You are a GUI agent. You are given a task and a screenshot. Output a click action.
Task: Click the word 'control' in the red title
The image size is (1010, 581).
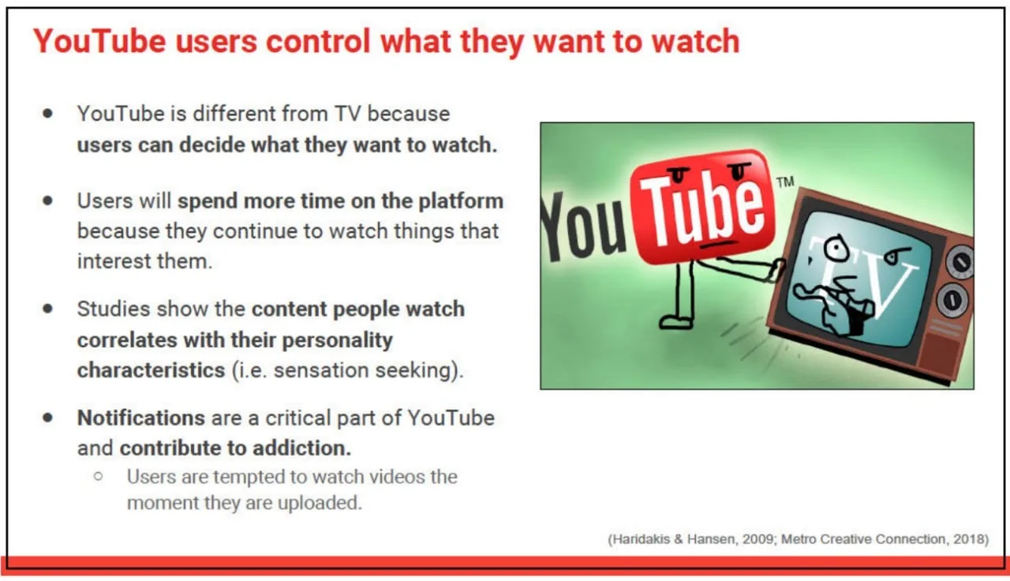[318, 41]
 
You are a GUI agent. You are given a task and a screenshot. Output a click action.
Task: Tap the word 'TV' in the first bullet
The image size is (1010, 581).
[347, 114]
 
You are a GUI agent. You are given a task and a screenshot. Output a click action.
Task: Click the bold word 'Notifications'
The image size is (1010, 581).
[141, 418]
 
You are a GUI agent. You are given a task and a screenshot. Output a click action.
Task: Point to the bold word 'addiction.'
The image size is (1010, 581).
[301, 448]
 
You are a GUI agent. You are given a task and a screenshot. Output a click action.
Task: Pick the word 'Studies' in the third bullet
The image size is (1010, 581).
[114, 309]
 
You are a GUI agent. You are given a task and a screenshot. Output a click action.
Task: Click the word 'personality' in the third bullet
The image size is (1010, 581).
[337, 340]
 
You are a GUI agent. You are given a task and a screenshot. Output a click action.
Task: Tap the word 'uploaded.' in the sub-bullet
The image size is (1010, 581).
[320, 503]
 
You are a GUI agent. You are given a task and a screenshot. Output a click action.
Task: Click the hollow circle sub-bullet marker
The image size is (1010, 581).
[99, 476]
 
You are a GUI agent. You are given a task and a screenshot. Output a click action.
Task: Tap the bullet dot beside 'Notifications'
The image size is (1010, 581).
[48, 418]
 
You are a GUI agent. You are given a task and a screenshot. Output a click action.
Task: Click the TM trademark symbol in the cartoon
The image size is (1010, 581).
[785, 182]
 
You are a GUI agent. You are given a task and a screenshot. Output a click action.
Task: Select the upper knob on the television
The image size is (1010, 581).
[959, 261]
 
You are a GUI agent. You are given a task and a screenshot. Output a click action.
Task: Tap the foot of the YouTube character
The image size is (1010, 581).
[675, 322]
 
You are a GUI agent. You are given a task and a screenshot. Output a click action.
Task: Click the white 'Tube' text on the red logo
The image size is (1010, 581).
[702, 208]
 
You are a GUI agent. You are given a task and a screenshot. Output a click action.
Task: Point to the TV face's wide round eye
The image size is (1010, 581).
[836, 248]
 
